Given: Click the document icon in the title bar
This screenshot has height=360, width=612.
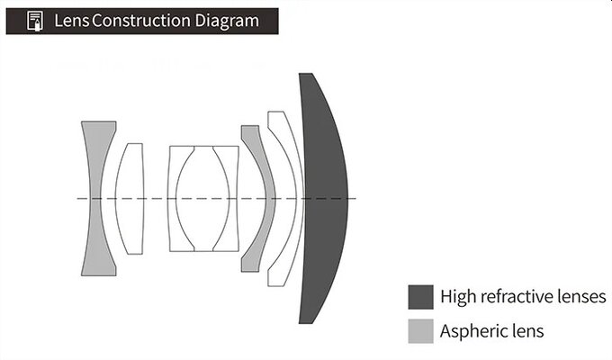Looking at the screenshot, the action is (35, 21).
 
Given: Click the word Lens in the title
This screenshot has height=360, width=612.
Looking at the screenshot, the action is (71, 21).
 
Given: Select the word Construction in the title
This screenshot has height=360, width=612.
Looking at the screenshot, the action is (141, 21).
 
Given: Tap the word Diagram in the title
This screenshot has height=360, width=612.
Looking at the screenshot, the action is (227, 22).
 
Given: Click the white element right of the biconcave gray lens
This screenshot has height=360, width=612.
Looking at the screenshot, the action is (130, 199).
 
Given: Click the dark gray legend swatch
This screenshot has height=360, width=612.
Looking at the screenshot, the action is (421, 297).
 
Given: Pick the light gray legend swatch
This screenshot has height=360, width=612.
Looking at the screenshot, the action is (421, 331).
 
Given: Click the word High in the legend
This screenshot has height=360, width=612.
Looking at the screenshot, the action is (458, 297).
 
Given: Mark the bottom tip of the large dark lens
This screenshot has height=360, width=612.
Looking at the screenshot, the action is (305, 323).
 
